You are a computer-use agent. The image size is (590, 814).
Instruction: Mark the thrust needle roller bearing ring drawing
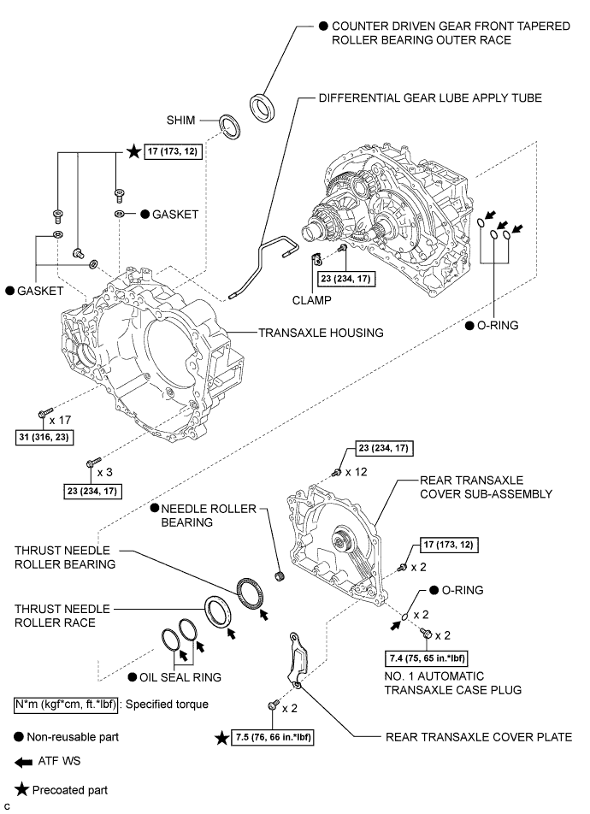coord(253,593)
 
